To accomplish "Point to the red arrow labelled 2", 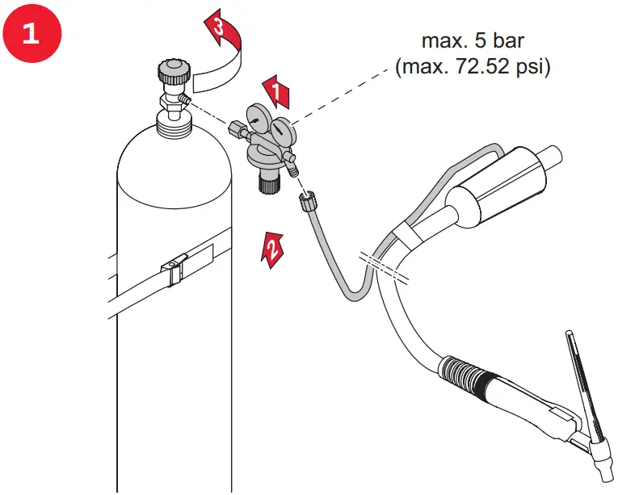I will (x=272, y=245).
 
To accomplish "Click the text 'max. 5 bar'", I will (x=466, y=40).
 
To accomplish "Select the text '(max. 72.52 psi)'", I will (x=473, y=66).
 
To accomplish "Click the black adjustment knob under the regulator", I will (x=267, y=183).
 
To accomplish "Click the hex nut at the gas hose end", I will (x=308, y=201).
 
